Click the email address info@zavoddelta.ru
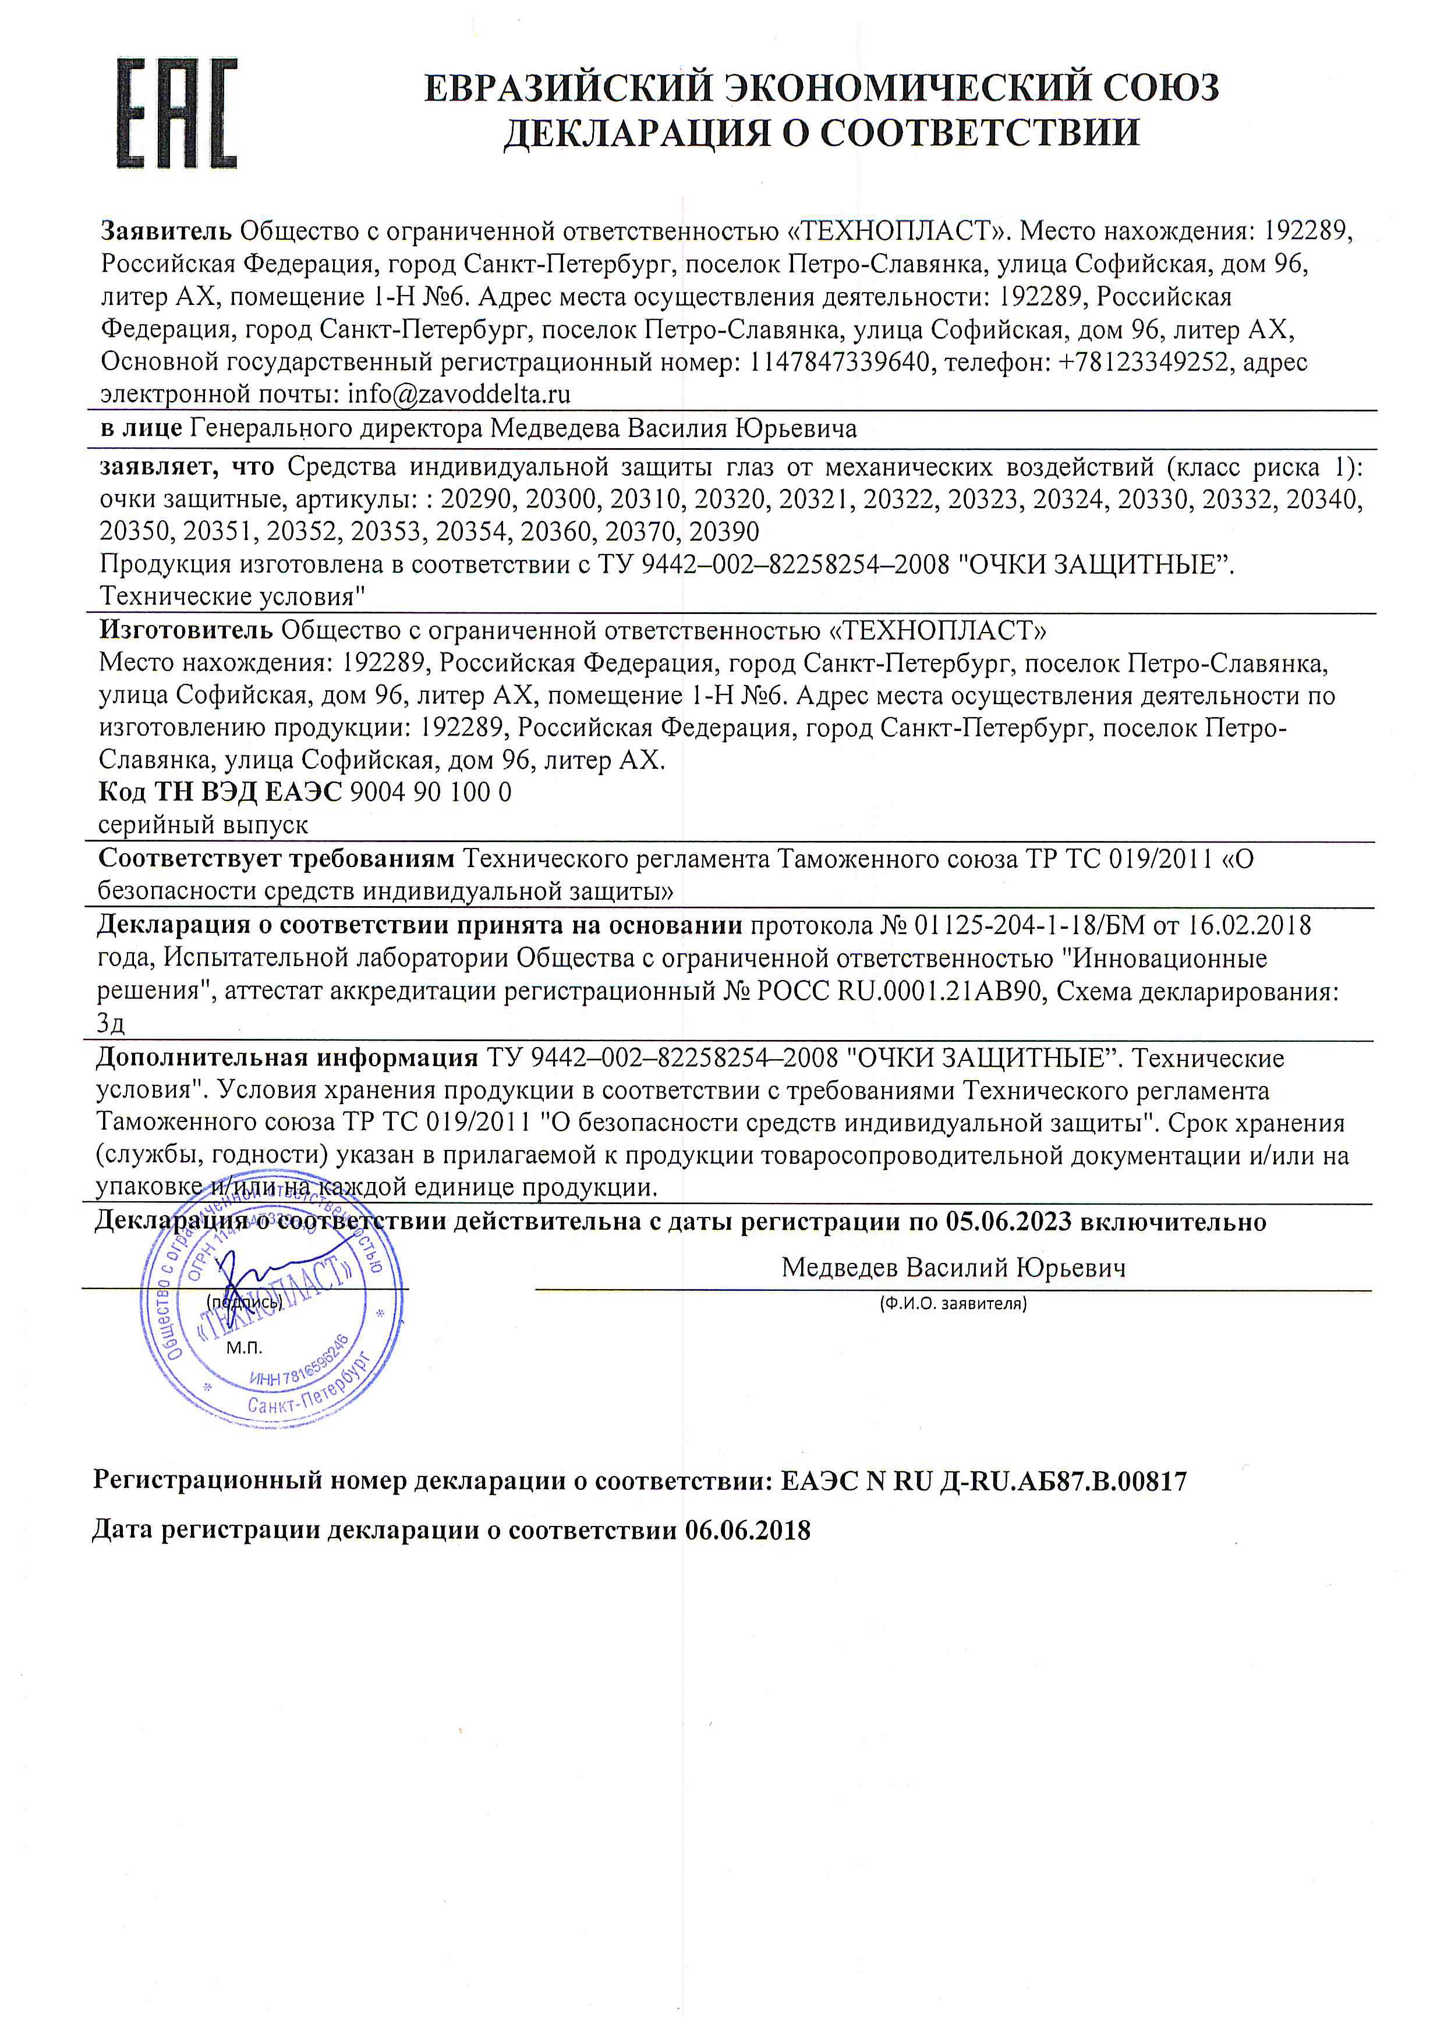459,394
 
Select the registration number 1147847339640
840,362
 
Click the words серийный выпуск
204,825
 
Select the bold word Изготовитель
185,630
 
